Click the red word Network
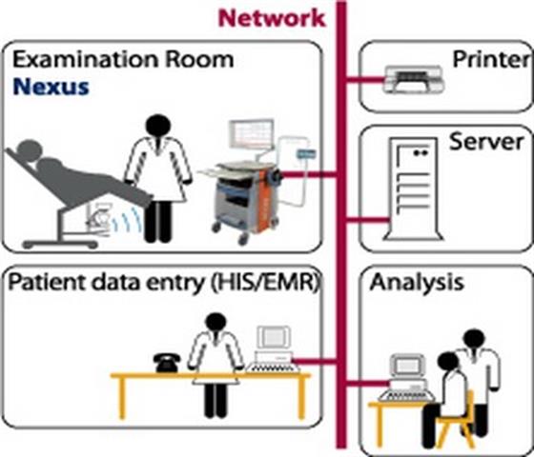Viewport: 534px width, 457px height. click(x=272, y=18)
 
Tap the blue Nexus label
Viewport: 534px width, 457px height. click(x=51, y=87)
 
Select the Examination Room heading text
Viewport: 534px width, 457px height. click(x=123, y=59)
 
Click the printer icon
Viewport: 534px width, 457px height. click(x=414, y=79)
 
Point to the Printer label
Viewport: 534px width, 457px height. click(x=492, y=59)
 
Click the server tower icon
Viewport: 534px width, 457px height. click(x=414, y=189)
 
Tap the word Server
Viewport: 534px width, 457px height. click(x=486, y=142)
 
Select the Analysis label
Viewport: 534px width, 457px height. click(x=417, y=282)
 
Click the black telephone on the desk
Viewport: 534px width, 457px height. click(x=167, y=363)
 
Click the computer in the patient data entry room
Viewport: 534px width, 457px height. click(x=273, y=349)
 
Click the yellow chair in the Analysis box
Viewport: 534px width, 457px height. click(x=456, y=422)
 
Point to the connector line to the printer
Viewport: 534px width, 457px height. click(x=364, y=80)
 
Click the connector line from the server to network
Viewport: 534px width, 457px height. click(x=367, y=220)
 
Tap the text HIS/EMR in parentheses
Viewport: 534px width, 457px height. click(x=266, y=282)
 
